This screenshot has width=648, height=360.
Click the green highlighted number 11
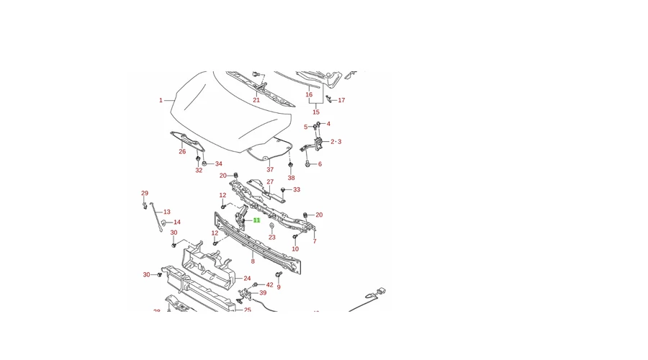coord(256,220)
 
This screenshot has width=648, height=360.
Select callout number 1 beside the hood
coord(161,100)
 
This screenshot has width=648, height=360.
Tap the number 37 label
coord(270,170)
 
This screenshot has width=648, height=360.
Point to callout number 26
coord(182,151)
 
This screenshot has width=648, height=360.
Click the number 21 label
coord(256,100)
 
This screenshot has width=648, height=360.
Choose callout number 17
coord(341,100)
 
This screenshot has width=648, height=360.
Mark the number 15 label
coord(315,112)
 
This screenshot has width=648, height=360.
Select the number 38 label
coord(291,178)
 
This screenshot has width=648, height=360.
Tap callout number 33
coord(297,190)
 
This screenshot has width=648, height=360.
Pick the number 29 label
coord(145,193)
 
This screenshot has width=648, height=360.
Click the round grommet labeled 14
coord(163,222)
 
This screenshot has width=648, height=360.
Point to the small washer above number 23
coord(271,226)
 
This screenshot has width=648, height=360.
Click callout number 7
coord(315,241)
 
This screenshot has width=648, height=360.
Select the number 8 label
coord(253,261)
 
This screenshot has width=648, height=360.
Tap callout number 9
coord(279,287)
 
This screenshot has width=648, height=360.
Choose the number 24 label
coord(247,278)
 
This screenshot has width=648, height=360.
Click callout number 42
coord(269,285)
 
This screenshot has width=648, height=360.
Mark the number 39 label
coord(263,293)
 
